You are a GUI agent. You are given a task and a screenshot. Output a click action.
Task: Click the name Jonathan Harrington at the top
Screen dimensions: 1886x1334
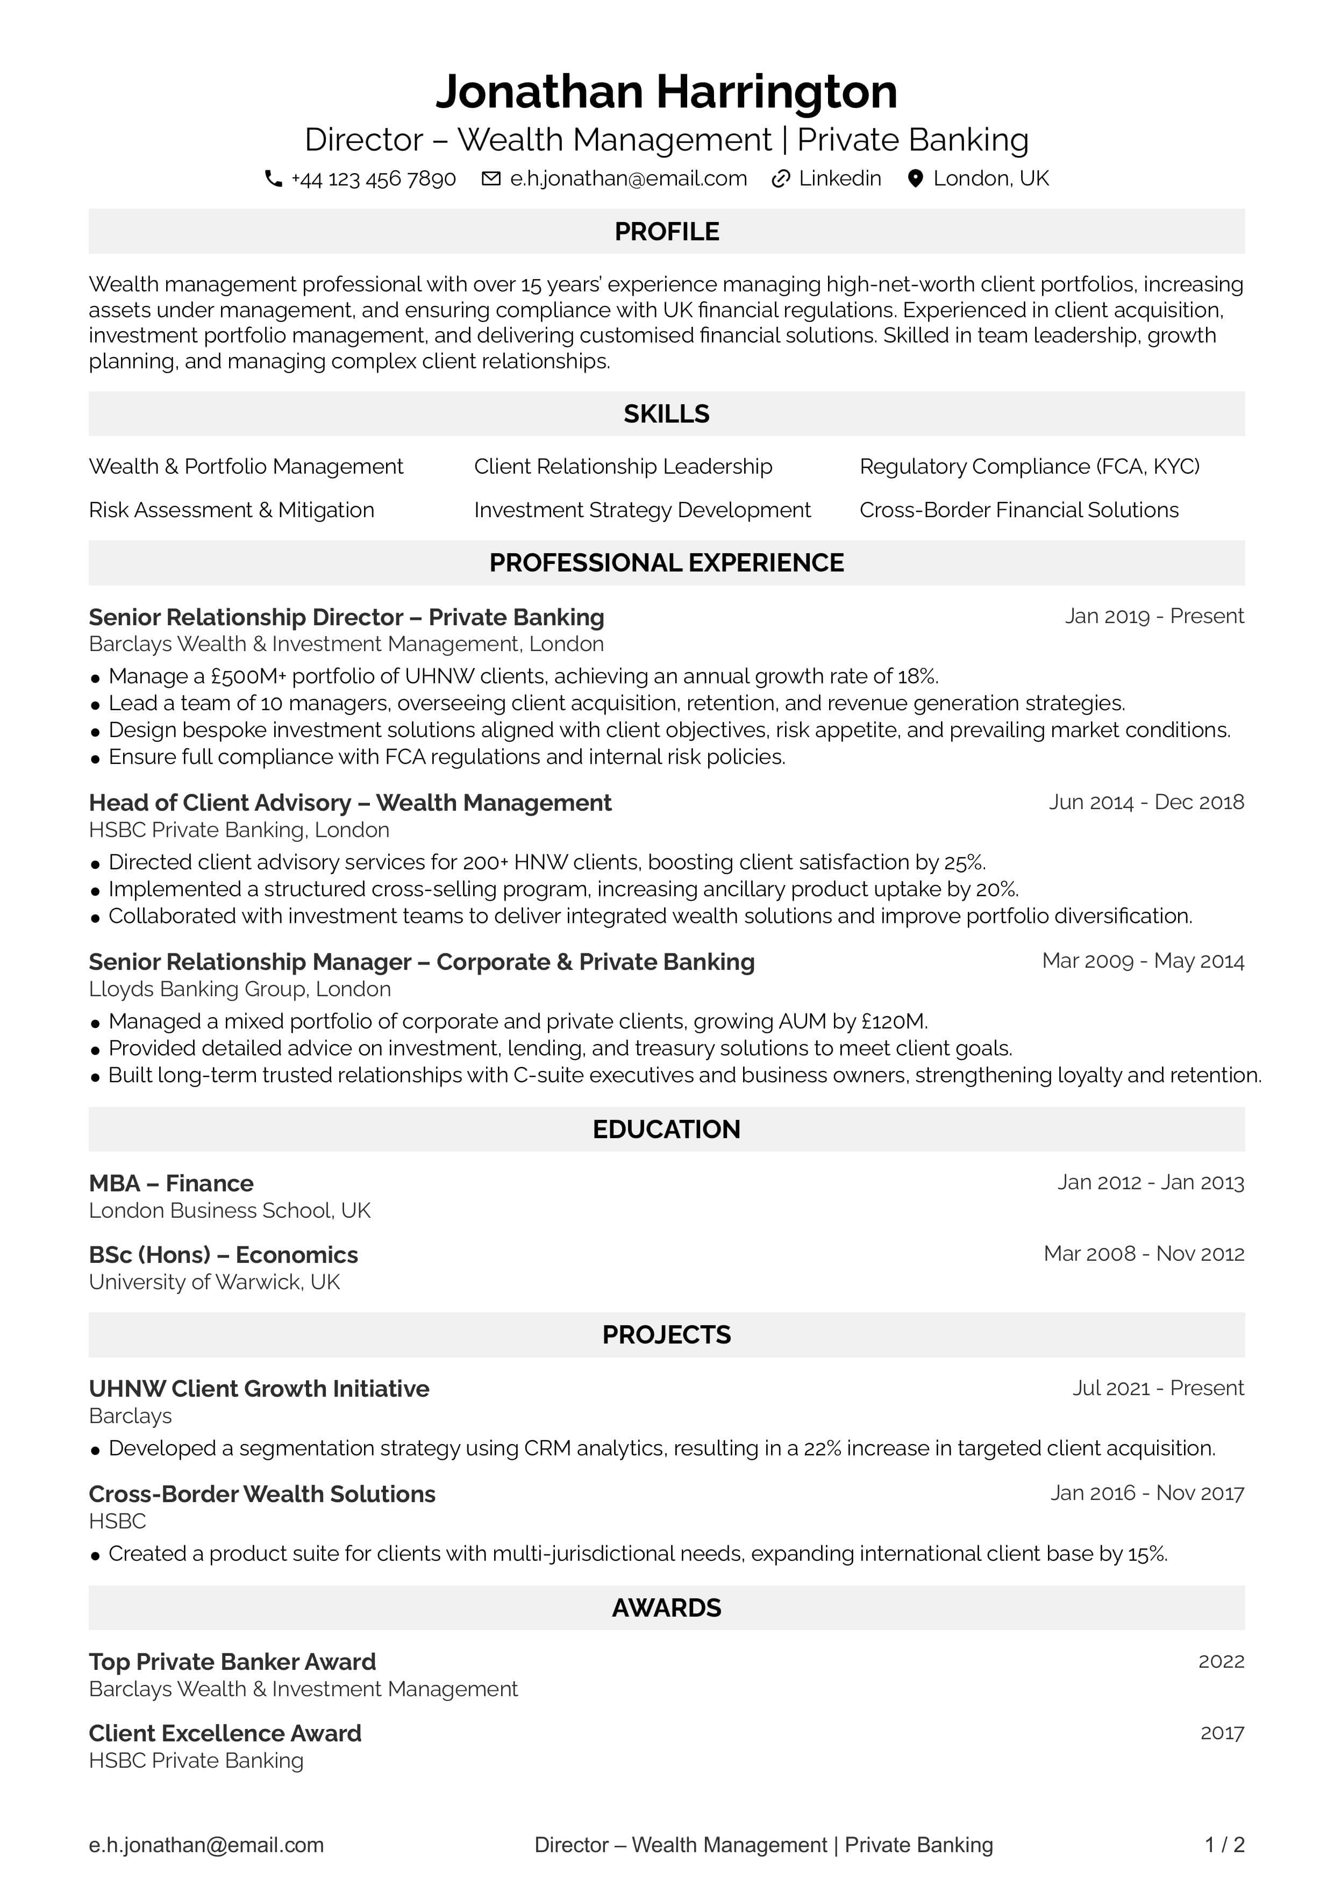point(666,91)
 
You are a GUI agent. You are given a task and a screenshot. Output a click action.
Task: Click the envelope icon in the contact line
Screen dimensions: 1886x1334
point(490,179)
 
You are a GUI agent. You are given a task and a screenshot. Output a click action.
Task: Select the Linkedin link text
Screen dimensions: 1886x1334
point(839,179)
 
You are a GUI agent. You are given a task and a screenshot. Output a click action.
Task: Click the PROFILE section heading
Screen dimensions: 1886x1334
point(666,232)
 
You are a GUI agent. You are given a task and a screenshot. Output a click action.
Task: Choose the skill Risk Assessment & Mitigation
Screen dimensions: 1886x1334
point(232,510)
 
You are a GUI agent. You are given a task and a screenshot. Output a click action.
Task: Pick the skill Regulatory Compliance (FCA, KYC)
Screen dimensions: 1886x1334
point(1029,467)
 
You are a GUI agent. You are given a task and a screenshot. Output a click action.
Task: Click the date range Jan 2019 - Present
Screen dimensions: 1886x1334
point(1154,616)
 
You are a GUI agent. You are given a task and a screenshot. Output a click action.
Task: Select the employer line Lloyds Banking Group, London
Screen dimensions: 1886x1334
point(240,989)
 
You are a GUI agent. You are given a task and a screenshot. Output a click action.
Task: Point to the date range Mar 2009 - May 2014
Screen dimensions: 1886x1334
point(1143,961)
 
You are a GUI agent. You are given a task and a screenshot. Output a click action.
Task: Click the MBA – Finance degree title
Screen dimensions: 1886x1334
point(171,1184)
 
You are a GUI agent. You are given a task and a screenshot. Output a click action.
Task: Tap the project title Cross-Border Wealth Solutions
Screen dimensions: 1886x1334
point(262,1494)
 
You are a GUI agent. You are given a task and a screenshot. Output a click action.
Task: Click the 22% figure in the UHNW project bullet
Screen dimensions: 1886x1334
point(822,1448)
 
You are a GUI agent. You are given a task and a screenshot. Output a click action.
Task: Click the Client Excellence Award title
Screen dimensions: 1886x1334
point(225,1733)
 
